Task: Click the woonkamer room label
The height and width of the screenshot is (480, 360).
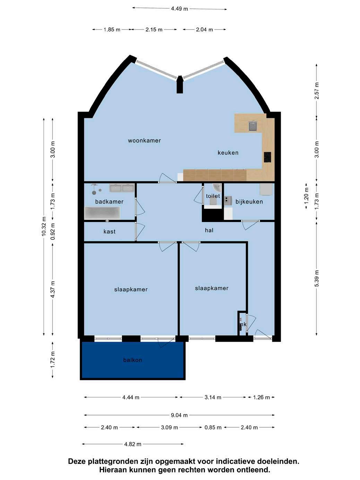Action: click(144, 140)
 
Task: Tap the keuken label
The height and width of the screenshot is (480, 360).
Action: click(228, 153)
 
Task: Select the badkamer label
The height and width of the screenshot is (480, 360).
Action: click(109, 202)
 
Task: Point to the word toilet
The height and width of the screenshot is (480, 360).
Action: click(213, 196)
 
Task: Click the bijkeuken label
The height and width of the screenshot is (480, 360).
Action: click(249, 202)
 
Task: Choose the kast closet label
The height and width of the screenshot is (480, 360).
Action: click(110, 231)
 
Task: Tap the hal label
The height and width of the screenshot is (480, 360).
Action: click(209, 230)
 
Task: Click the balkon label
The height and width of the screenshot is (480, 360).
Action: click(133, 360)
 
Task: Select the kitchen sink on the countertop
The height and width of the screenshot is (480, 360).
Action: click(253, 126)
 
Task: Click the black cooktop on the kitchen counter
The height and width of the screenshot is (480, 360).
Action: click(267, 157)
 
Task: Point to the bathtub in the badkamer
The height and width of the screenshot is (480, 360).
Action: click(102, 213)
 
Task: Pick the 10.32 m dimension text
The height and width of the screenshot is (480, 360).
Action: click(44, 226)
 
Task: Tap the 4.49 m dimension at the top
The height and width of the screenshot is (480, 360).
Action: click(179, 9)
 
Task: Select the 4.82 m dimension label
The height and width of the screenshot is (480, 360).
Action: click(133, 444)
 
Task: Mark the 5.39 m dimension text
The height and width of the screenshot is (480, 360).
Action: click(317, 278)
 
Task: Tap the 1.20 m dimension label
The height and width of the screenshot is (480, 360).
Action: click(307, 196)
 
